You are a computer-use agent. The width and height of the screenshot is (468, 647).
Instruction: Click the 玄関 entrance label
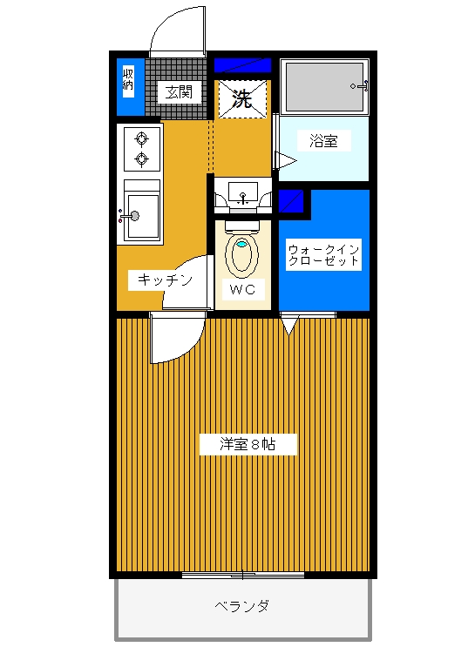(x=179, y=92)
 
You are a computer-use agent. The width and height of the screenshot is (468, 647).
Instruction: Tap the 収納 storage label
(x=128, y=79)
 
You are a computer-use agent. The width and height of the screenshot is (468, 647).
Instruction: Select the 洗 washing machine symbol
(x=241, y=98)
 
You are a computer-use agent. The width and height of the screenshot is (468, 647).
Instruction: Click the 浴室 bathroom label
(x=324, y=141)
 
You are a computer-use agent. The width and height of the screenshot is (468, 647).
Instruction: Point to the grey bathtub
(x=324, y=87)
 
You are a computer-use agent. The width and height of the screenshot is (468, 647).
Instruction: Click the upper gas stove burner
(x=142, y=138)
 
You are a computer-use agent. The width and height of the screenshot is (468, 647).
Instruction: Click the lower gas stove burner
(x=142, y=158)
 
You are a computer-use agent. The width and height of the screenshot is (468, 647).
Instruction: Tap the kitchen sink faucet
(x=130, y=215)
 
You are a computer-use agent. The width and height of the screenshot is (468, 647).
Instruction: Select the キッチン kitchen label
(x=166, y=280)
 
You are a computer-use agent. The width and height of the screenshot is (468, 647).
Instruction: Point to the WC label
(x=242, y=289)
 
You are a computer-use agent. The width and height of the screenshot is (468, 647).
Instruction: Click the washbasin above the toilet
(x=243, y=195)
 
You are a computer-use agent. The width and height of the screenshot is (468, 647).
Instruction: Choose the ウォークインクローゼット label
(x=323, y=254)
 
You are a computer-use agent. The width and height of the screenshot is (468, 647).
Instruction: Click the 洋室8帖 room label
(x=248, y=444)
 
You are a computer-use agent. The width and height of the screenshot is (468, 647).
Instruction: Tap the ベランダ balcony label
(x=242, y=606)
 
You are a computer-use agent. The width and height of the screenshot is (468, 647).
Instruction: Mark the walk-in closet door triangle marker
(x=289, y=325)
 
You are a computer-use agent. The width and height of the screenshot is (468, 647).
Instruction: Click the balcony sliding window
(x=243, y=575)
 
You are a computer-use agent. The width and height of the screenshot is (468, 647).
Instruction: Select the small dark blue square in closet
(x=291, y=201)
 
